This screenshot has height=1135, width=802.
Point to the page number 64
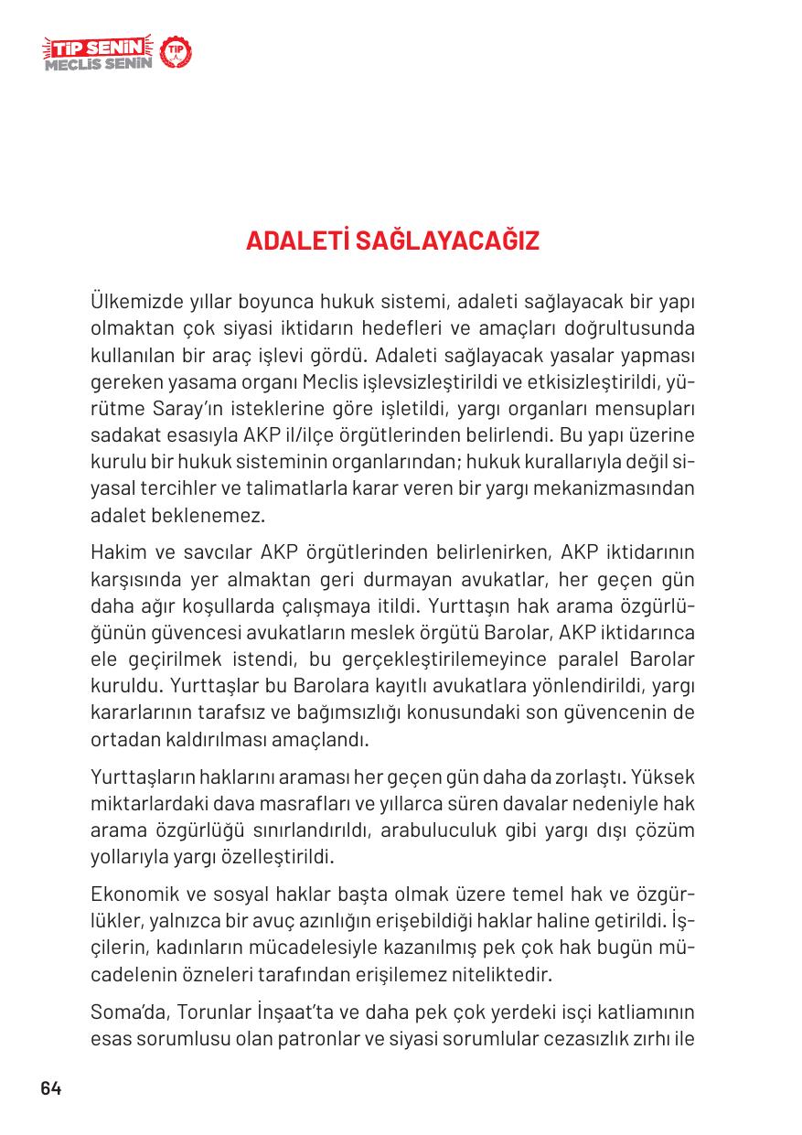point(50,1088)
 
